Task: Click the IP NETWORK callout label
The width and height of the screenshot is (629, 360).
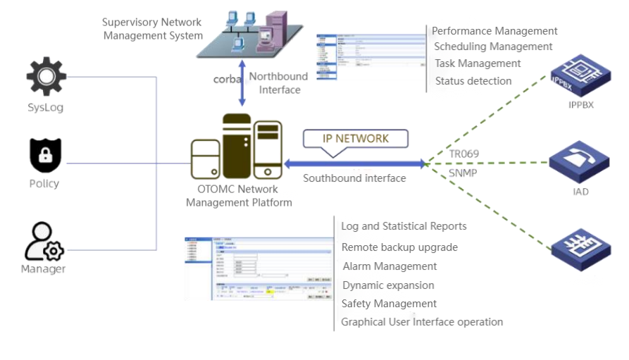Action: (355, 138)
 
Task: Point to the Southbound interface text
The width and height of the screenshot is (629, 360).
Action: (354, 178)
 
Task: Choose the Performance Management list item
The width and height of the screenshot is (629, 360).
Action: (494, 31)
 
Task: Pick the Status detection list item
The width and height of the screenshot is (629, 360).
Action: (473, 81)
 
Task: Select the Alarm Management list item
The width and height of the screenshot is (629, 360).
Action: (390, 266)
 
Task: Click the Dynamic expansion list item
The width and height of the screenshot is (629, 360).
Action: (388, 285)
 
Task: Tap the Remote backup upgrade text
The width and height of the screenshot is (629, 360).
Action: (399, 247)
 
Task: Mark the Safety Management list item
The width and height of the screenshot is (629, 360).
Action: (389, 304)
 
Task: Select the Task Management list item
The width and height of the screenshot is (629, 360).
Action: (478, 63)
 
